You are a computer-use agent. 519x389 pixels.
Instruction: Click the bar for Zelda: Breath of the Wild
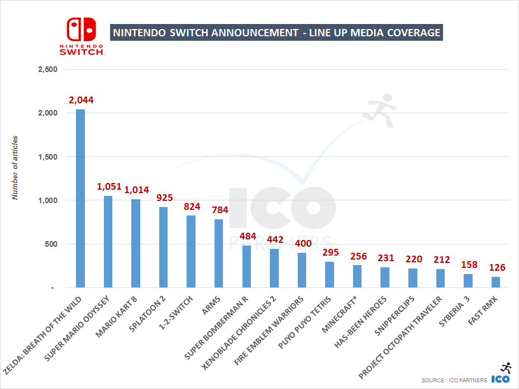click(80, 198)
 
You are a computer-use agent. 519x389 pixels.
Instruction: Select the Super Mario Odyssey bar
click(108, 242)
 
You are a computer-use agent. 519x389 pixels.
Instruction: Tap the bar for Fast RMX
click(496, 282)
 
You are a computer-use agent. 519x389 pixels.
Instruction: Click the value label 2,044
click(81, 100)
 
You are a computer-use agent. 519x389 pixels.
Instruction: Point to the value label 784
click(220, 210)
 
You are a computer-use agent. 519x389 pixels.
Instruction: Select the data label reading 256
click(358, 256)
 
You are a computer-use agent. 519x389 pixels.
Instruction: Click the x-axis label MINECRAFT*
click(342, 316)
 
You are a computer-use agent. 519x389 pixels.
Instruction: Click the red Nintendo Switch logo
click(82, 35)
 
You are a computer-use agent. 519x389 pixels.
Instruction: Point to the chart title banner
click(277, 33)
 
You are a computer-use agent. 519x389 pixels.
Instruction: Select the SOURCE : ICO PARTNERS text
click(454, 380)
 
